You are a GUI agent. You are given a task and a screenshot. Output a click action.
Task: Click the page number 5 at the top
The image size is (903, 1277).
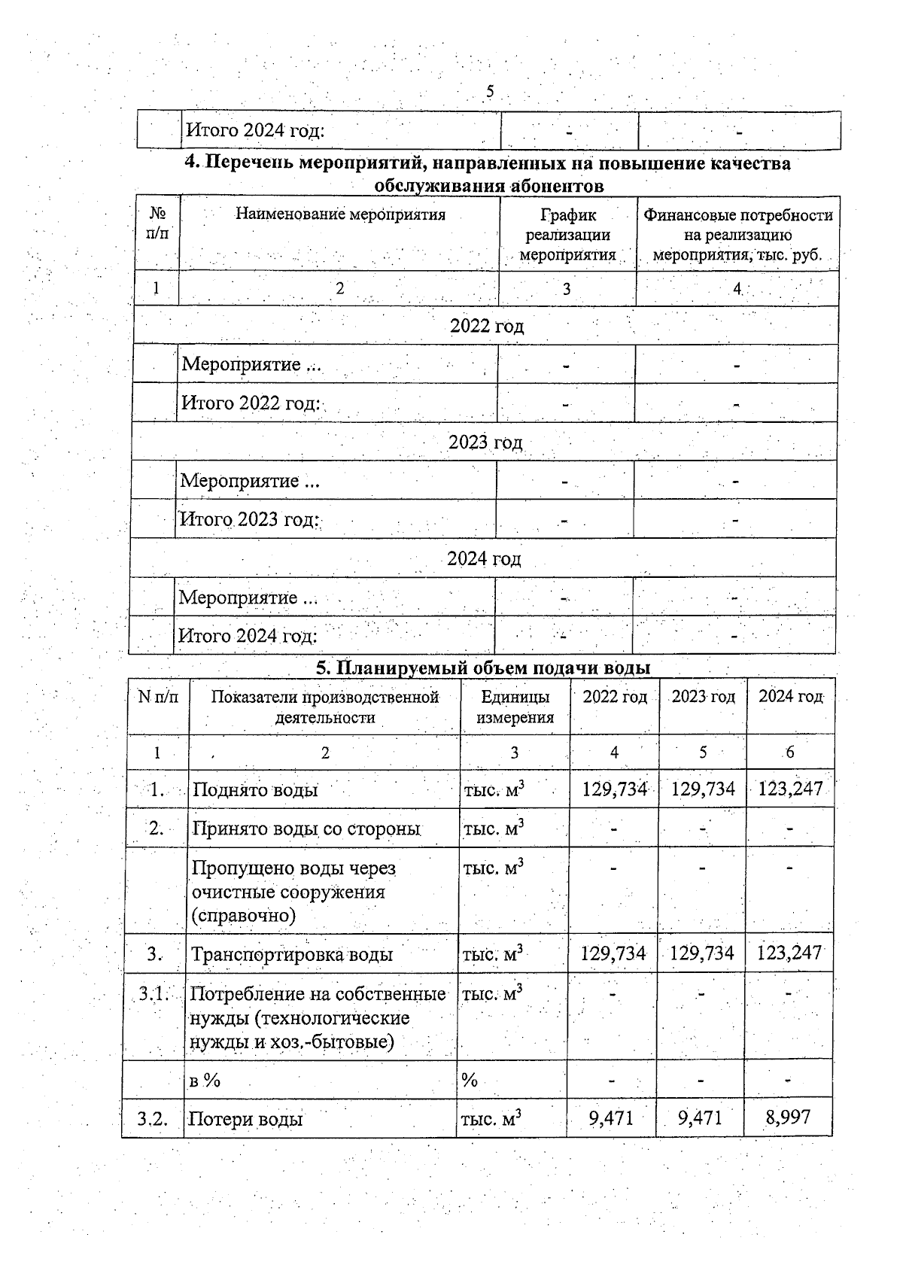click(490, 92)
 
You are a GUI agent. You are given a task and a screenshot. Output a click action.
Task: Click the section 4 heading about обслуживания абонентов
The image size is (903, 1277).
click(488, 174)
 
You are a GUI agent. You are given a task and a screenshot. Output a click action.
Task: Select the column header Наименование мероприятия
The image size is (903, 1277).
click(340, 214)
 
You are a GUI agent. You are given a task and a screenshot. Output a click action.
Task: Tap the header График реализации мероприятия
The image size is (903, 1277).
click(567, 235)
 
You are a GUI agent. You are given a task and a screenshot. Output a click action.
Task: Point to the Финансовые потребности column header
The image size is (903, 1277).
click(737, 235)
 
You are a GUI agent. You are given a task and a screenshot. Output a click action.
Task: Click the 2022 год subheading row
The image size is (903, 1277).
click(486, 326)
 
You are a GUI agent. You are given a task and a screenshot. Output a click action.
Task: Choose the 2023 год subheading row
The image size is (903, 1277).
click(485, 442)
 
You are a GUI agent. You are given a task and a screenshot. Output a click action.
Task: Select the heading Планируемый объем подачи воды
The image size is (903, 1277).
click(482, 667)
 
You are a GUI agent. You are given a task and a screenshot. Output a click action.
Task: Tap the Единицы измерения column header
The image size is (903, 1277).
click(515, 707)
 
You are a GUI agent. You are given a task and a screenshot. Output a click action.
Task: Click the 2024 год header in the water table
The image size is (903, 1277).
click(790, 697)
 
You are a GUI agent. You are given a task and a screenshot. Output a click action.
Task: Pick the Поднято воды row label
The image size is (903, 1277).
click(255, 789)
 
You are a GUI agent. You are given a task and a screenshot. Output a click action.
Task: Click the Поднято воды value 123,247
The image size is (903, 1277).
click(790, 789)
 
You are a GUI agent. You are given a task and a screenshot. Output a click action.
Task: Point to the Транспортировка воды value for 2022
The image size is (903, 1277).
click(613, 953)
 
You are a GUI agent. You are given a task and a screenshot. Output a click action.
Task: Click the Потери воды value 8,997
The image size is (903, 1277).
click(788, 1117)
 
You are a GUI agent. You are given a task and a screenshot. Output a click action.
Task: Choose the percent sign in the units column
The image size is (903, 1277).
click(470, 1081)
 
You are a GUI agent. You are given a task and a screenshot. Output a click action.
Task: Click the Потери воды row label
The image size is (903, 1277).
click(245, 1119)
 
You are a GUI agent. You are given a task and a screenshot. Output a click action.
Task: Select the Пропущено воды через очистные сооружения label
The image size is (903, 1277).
click(293, 892)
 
